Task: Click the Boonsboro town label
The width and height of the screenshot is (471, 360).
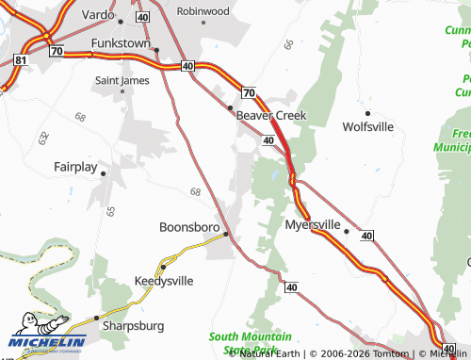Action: click(x=188, y=227)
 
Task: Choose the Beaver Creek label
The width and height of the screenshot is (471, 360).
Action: click(x=271, y=115)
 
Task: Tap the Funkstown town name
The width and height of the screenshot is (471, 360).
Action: click(x=122, y=43)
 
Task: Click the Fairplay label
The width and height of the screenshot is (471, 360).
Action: click(x=75, y=167)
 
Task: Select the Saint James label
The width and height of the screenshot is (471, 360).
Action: click(x=122, y=81)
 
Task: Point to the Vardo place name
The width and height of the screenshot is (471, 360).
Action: click(x=98, y=16)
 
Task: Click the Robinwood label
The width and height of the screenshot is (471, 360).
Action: click(x=203, y=11)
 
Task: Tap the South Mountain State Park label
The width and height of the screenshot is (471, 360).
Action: click(x=250, y=342)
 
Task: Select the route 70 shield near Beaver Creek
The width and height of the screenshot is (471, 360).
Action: click(x=248, y=92)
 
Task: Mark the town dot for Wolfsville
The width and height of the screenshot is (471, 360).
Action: click(x=367, y=113)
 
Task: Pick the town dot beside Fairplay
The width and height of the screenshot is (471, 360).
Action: click(x=103, y=172)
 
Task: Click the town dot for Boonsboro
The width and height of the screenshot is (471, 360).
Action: click(x=225, y=234)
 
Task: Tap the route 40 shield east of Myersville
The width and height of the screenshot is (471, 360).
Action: click(x=366, y=235)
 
